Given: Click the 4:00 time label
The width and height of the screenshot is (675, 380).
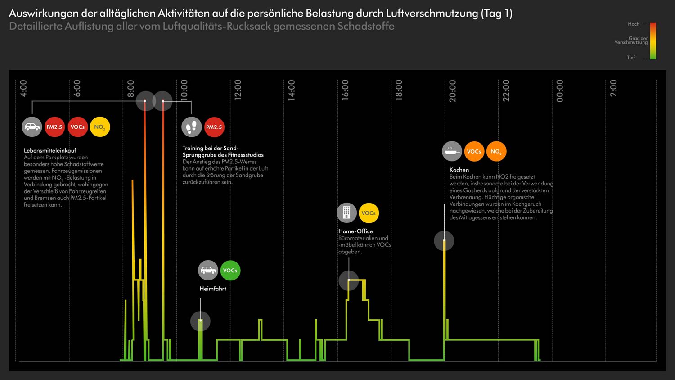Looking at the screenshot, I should (23, 88).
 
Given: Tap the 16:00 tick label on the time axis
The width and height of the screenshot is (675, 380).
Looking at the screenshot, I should (345, 90).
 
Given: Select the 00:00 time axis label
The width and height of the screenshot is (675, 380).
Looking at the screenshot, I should (560, 91).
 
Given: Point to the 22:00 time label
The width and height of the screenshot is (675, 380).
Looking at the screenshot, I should (506, 90).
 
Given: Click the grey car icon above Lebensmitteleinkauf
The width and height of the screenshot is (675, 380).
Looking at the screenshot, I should (32, 127).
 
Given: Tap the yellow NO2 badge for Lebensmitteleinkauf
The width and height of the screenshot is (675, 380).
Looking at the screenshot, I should (100, 127).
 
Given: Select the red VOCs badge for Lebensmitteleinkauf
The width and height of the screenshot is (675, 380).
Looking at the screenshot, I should (77, 127).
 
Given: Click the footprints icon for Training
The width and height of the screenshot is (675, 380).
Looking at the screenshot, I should (192, 127).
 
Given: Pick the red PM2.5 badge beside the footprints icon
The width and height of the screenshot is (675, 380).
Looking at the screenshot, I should (214, 127).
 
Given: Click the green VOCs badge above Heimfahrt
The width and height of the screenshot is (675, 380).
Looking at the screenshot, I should (230, 271).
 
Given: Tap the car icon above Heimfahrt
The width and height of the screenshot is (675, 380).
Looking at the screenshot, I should (208, 271).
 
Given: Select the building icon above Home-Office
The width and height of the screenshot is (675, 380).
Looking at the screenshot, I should (346, 213).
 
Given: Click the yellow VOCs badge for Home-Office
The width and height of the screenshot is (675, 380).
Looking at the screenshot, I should (369, 213).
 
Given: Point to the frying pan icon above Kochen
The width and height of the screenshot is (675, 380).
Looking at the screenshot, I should (452, 151).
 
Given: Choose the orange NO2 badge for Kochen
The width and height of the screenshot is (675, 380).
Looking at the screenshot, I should (496, 151).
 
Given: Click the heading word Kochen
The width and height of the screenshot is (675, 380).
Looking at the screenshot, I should (459, 170).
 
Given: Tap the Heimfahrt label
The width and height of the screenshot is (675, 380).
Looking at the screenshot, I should (213, 289).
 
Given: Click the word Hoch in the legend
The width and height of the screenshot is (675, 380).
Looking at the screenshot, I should (634, 24).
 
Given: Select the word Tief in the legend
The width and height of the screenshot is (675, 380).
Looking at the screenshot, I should (631, 58).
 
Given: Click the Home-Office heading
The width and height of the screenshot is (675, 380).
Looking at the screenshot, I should (355, 231).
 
